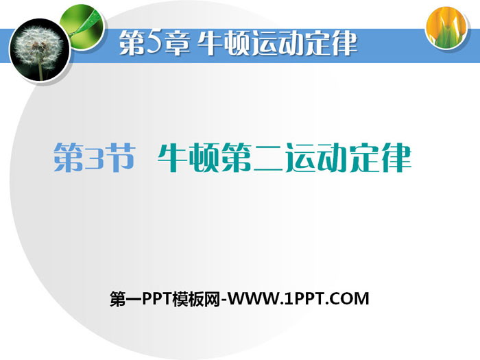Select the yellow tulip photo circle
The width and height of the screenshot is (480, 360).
[447, 27]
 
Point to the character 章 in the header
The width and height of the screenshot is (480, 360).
[178, 43]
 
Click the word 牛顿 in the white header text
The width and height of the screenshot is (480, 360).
[224, 43]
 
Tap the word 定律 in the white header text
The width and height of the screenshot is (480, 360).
[331, 43]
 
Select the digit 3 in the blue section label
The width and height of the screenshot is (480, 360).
[94, 158]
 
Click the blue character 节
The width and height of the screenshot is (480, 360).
[120, 157]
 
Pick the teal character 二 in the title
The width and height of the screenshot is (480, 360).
[269, 158]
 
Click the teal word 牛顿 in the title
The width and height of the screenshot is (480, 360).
[189, 157]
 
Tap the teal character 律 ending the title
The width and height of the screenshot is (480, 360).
[396, 157]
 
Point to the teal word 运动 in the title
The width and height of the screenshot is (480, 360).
[317, 158]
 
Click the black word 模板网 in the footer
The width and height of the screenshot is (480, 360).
[196, 299]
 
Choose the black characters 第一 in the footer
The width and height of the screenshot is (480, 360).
[125, 299]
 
